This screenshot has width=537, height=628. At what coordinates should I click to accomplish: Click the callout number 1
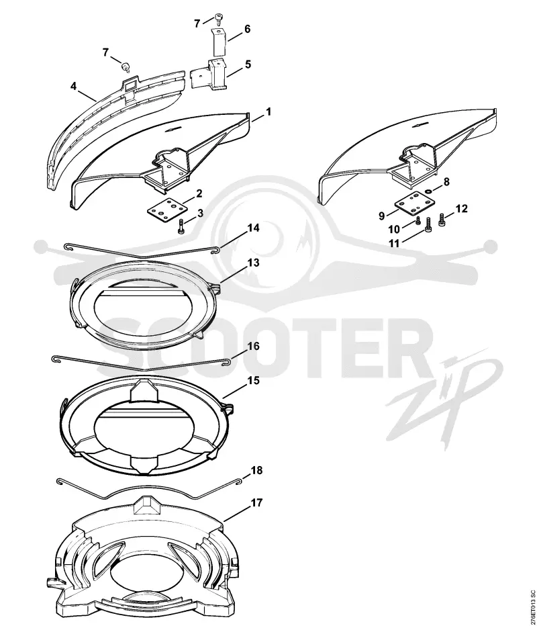pos(268,111)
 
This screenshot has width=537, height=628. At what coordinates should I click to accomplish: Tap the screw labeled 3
pos(181,226)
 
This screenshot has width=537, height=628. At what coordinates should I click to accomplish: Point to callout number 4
pos(73,86)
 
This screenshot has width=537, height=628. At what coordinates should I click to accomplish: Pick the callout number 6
pos(247,29)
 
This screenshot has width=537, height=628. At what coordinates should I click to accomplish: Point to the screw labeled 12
pos(442,220)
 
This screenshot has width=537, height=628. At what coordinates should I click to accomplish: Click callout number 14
pos(253,228)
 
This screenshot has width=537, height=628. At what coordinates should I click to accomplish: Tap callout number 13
pos(253,263)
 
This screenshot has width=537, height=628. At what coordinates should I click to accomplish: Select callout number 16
pos(254,346)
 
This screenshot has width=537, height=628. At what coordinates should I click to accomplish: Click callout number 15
pos(254,380)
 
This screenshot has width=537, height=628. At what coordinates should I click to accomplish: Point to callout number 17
pos(256,502)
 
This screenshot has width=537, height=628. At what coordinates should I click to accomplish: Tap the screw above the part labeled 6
pos(218,18)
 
